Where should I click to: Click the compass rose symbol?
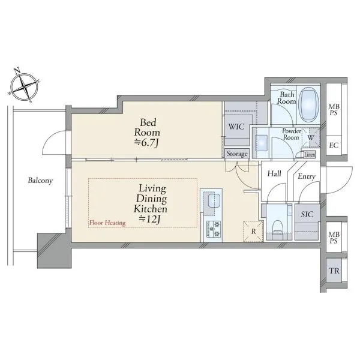[25, 86]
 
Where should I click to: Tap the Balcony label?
[40, 181]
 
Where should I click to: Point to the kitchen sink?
[214, 200]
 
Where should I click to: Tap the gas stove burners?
[214, 229]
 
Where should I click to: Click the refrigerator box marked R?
[253, 231]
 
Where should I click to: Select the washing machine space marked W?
[311, 137]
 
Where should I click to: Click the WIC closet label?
[236, 127]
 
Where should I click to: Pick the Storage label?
[237, 154]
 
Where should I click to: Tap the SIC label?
[307, 214]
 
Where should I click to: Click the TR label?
[334, 271]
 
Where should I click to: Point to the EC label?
[334, 145]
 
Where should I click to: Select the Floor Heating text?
[107, 223]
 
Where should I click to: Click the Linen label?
[310, 155]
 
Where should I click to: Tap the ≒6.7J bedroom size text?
[146, 143]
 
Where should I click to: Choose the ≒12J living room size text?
[149, 220]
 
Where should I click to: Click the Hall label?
[274, 173]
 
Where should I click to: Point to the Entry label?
[307, 176]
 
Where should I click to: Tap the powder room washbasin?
[261, 143]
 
